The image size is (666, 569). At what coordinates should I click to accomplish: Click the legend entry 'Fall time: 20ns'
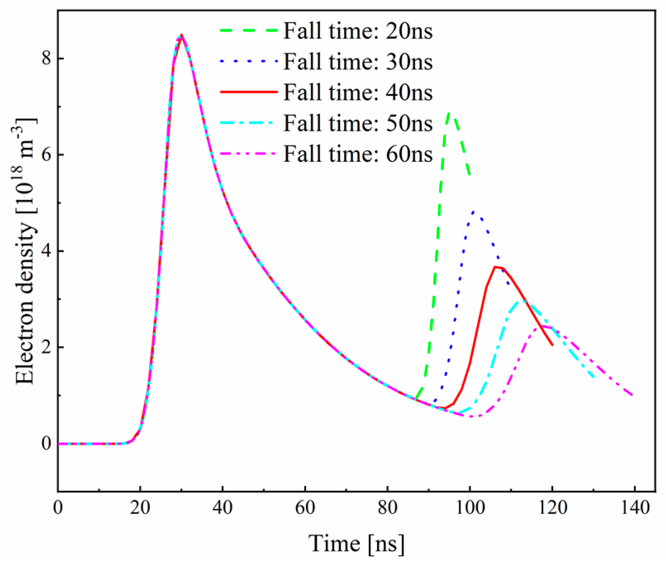(x=357, y=31)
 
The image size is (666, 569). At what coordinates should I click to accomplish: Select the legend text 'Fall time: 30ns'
(x=357, y=62)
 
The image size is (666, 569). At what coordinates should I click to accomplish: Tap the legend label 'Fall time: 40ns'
(x=357, y=92)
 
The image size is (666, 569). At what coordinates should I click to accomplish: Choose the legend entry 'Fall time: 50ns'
(x=357, y=123)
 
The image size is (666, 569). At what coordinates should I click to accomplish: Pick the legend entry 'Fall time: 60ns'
(x=357, y=154)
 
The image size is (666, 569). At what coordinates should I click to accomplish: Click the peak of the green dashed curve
(x=450, y=112)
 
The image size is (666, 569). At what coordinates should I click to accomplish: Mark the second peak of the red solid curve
(x=495, y=267)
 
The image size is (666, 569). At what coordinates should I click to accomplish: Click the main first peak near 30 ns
(x=181, y=35)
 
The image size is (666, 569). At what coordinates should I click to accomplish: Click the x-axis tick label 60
(x=305, y=507)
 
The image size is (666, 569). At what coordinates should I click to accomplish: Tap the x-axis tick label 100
(x=470, y=507)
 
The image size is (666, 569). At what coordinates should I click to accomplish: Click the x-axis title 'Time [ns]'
(x=356, y=543)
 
